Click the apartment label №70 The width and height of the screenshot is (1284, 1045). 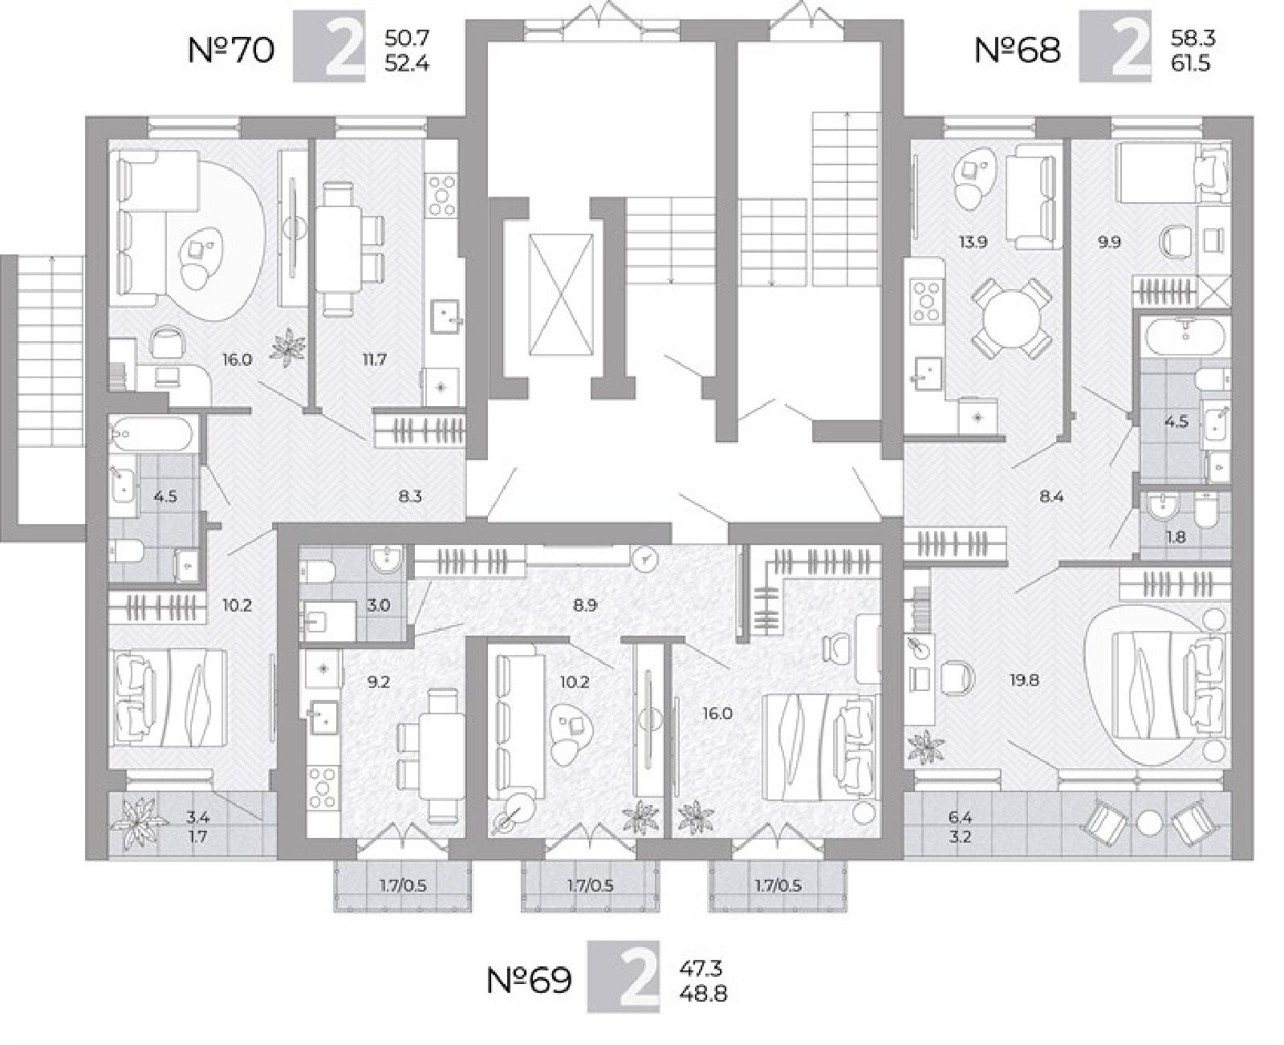coord(231,51)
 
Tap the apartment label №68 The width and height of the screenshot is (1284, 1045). coord(1017,51)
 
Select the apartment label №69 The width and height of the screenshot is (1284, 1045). coord(528,981)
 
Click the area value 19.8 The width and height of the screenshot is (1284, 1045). coord(1024,681)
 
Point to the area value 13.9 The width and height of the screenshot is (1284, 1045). coord(973,242)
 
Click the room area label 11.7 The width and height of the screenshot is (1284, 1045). coord(374,360)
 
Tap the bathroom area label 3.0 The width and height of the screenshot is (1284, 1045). coord(379,605)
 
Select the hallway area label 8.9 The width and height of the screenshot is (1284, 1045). coord(585,605)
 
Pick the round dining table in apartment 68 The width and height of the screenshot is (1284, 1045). coord(1012,316)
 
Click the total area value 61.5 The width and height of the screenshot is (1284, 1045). coord(1191,63)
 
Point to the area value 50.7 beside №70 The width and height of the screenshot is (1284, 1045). coord(407,39)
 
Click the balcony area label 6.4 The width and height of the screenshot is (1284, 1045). coord(959,818)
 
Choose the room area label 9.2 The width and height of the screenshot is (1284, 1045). coord(379,682)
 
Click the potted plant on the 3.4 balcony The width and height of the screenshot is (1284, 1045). coord(140,823)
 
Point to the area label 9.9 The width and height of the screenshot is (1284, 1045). coord(1108,242)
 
